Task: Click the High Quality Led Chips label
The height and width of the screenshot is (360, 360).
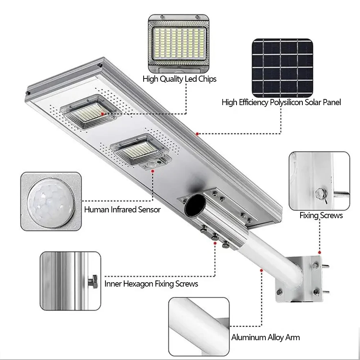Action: click(x=179, y=79)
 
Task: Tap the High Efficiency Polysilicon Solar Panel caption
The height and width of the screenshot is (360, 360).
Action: click(x=281, y=103)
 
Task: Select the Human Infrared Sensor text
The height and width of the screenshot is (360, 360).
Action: click(x=122, y=210)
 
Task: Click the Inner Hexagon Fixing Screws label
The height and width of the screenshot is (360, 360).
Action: click(x=151, y=284)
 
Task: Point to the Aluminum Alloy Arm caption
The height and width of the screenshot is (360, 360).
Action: click(x=265, y=338)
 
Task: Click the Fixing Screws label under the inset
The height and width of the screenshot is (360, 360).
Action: click(x=321, y=216)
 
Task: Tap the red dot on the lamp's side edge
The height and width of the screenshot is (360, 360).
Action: click(x=197, y=134)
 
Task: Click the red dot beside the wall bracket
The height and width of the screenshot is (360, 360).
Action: click(x=320, y=252)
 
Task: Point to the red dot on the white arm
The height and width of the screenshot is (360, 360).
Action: click(x=260, y=269)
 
